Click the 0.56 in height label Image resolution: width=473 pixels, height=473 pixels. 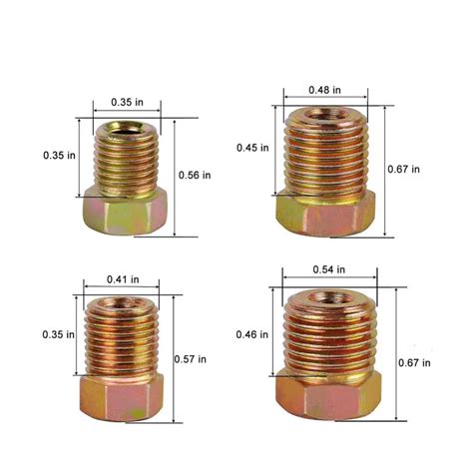click(x=195, y=175)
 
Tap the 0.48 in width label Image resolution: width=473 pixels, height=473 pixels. click(x=324, y=90)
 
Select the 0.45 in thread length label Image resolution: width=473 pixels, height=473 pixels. click(x=252, y=148)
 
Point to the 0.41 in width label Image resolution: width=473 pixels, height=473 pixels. click(x=123, y=279)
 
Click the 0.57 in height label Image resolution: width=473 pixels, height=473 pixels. click(x=191, y=359)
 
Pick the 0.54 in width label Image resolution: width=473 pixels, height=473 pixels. click(x=329, y=269)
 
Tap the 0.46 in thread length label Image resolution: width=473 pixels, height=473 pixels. click(x=252, y=334)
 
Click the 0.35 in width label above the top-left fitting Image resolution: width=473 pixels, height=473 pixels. click(x=127, y=102)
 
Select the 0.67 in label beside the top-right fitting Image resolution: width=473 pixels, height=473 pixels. click(x=403, y=170)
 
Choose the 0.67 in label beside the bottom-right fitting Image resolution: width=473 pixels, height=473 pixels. click(x=414, y=362)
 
